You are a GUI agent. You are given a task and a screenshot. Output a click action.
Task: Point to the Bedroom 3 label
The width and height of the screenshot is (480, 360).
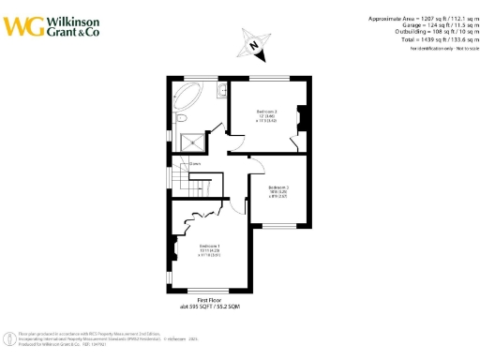tap(278, 191)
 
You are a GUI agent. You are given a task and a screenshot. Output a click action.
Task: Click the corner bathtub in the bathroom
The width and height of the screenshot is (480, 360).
tap(186, 94)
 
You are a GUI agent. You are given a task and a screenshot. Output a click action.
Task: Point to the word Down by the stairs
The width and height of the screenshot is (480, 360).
tap(195, 166)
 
